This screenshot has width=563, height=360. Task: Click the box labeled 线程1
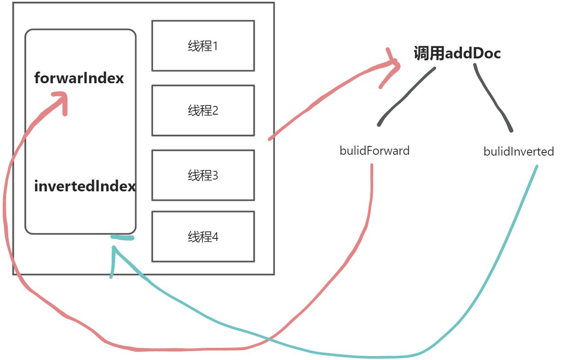203,46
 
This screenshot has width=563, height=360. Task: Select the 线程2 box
203,110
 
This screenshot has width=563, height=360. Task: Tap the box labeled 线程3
203,175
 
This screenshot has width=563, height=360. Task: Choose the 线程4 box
203,237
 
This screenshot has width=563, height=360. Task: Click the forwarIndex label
79,78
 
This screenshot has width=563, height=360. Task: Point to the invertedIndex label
85,187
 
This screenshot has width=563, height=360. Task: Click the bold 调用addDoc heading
457,54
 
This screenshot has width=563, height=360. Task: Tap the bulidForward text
374,151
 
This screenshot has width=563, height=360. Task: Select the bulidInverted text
519,152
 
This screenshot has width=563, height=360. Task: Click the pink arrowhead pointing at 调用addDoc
392,65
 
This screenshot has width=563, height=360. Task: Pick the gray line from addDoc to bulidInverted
493,98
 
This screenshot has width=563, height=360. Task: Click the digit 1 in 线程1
215,46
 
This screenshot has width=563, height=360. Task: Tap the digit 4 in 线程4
215,237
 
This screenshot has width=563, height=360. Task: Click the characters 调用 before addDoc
429,54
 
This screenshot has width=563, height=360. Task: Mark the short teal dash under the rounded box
122,238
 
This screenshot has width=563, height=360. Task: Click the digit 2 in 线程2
215,111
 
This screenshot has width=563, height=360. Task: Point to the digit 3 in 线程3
215,176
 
